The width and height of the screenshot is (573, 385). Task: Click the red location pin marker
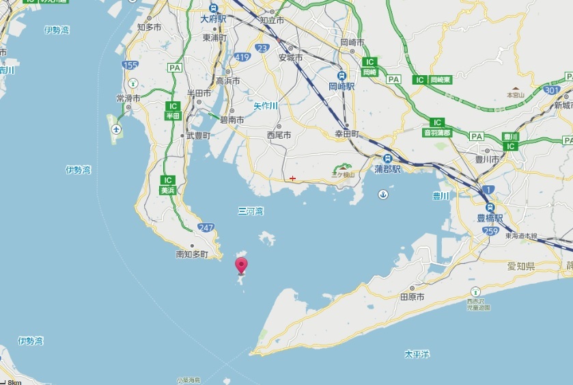[241, 265]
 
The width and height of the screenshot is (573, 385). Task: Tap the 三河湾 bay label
[251, 211]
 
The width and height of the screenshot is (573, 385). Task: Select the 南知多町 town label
[191, 254]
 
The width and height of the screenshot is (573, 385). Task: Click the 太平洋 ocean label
[417, 354]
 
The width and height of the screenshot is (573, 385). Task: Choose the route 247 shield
[204, 226]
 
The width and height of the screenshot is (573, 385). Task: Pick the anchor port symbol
[383, 196]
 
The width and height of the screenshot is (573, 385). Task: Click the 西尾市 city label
[279, 135]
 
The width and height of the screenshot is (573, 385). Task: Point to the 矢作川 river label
[266, 106]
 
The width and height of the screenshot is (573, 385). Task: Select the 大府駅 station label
[214, 19]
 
